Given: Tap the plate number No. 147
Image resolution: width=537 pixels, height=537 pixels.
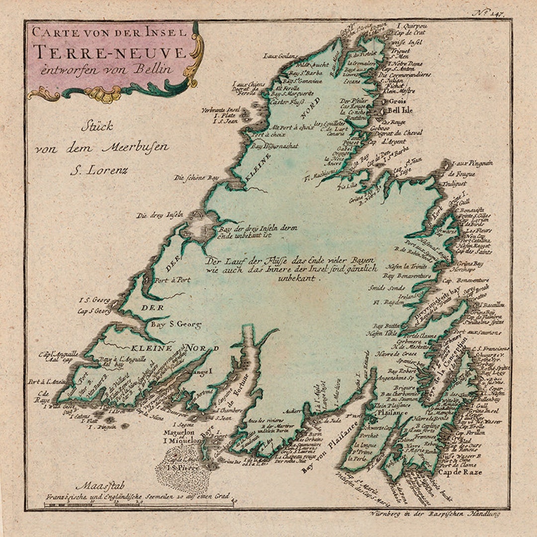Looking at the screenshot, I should click(488, 13).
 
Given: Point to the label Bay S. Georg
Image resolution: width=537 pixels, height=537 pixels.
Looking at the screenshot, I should click(176, 325).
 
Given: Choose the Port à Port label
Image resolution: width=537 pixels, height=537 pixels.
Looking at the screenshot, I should click(172, 280).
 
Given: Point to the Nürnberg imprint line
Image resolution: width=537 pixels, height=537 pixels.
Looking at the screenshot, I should click(438, 512).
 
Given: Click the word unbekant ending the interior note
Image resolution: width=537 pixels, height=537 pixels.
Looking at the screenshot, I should click(297, 279).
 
